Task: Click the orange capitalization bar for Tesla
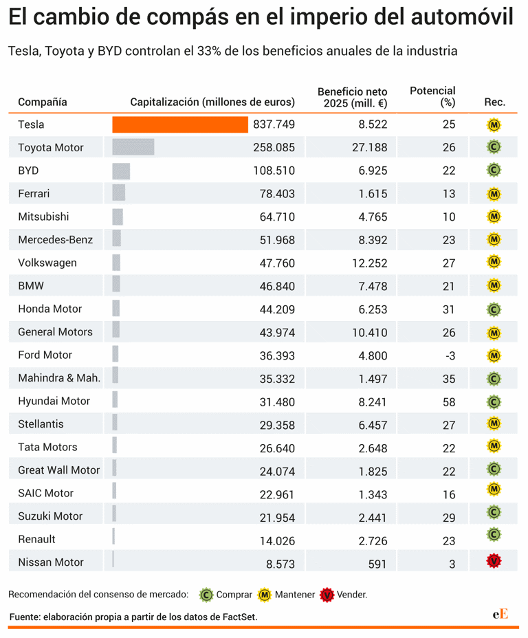coord(180,124)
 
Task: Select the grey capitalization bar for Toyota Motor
coord(133,147)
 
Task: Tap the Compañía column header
coord(43,102)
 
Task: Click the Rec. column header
coord(494,102)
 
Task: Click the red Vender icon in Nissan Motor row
coord(494,562)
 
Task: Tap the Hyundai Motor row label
coord(54,401)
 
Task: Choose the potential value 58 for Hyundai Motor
coord(449,401)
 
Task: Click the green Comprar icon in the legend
coord(206,594)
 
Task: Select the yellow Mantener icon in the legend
coord(264,594)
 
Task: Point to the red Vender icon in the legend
coord(327,594)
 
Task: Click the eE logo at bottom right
coord(500,614)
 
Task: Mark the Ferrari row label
coord(34,194)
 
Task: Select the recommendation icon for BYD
coord(494,170)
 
